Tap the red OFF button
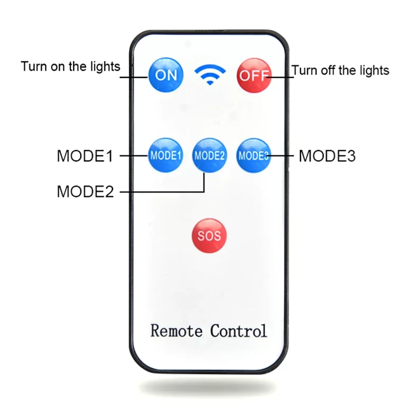click(253, 75)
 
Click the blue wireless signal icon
click(210, 75)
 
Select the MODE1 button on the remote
click(165, 155)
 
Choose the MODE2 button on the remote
click(209, 155)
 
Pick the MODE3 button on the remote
click(254, 155)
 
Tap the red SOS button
click(209, 235)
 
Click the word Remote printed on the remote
click(177, 331)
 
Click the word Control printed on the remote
click(238, 331)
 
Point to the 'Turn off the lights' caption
click(340, 70)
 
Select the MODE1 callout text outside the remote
click(85, 156)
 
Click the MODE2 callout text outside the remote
click(85, 191)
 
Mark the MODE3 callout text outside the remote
click(327, 156)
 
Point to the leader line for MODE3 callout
click(283, 156)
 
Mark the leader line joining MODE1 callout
click(132, 156)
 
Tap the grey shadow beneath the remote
click(209, 385)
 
